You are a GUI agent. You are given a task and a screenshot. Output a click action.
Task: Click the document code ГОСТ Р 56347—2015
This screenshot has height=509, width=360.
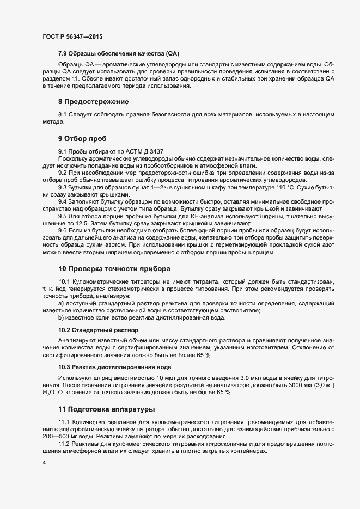click(72, 36)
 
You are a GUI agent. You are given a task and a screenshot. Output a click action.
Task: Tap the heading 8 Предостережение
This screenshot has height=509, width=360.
click(94, 102)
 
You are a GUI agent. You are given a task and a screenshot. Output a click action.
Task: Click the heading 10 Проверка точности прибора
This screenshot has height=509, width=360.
click(114, 268)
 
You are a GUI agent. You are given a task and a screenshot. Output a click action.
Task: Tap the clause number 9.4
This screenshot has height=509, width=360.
click(63, 201)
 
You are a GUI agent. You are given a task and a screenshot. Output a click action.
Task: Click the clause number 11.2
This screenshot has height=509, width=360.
click(64, 444)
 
